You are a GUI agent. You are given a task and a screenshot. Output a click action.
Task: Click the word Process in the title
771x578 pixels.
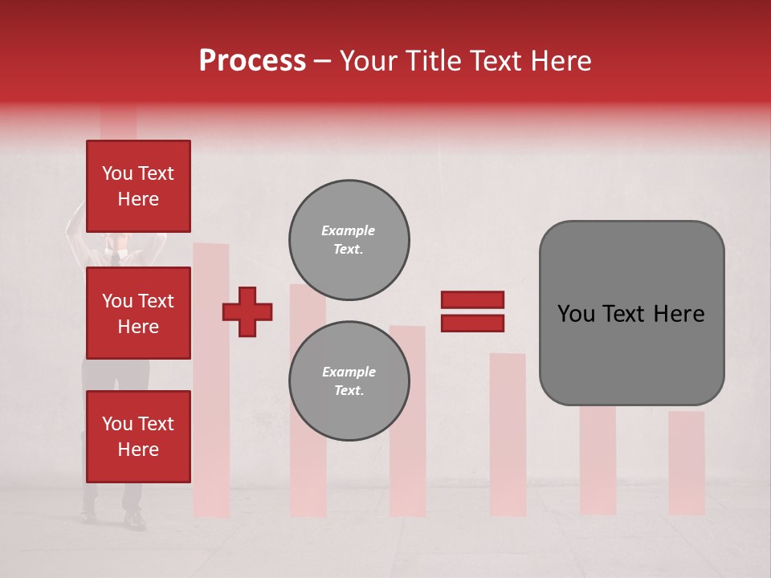click(x=252, y=61)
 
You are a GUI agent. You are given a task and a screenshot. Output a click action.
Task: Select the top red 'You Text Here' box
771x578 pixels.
click(x=138, y=186)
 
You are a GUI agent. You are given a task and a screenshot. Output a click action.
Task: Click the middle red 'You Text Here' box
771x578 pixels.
click(x=138, y=313)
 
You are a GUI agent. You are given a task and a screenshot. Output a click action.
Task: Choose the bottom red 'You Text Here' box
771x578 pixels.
click(x=138, y=437)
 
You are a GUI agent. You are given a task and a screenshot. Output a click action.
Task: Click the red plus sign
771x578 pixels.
click(x=247, y=311)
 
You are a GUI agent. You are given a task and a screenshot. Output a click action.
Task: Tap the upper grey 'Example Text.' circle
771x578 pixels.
click(x=349, y=240)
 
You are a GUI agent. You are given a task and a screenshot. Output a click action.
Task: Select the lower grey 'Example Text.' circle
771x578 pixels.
click(x=349, y=381)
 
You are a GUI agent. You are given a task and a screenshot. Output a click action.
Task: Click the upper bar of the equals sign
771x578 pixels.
click(x=472, y=299)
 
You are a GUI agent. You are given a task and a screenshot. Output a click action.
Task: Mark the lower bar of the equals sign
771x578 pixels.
click(x=472, y=324)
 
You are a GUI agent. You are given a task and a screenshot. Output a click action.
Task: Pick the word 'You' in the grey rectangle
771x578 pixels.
click(x=576, y=314)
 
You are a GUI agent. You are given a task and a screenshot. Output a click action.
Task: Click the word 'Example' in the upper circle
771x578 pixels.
click(x=349, y=230)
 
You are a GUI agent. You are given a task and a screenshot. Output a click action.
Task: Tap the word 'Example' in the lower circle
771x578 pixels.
click(x=349, y=372)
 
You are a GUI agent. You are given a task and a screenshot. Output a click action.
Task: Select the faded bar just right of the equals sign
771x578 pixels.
click(x=508, y=433)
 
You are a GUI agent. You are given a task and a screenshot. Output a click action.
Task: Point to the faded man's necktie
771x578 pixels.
click(x=116, y=257)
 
